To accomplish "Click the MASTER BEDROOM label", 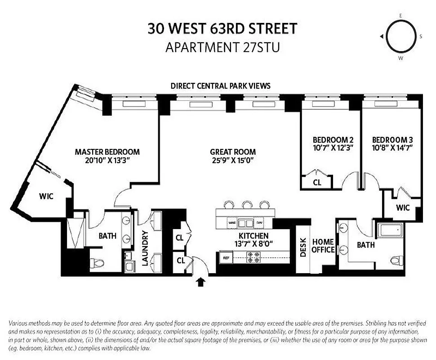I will (x=107, y=152).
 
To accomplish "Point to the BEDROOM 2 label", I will (x=330, y=139).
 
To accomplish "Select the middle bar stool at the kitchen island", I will (x=247, y=205).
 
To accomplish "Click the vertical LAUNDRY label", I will (x=145, y=248).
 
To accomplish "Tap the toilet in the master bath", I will (x=97, y=263).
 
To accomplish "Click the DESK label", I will (x=303, y=247).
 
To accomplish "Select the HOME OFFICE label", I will (x=323, y=246).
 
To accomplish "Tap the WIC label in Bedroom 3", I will (x=403, y=208).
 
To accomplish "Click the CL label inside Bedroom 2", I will (x=317, y=183).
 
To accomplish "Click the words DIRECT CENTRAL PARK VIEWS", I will (x=220, y=85).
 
